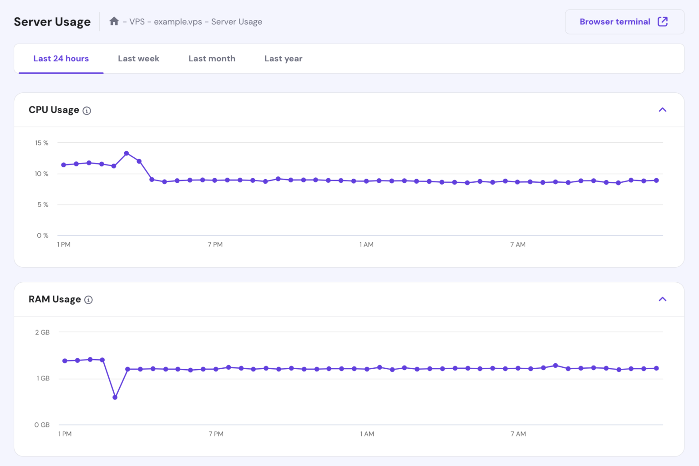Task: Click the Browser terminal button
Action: (624, 22)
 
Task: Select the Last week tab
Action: (138, 59)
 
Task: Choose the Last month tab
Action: (212, 59)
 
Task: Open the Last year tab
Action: (283, 59)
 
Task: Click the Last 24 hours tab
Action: (61, 59)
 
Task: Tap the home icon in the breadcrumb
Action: (114, 21)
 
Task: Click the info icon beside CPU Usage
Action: (87, 110)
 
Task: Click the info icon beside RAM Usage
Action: (89, 300)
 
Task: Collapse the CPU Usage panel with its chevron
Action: (662, 110)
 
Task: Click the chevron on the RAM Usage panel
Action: (662, 299)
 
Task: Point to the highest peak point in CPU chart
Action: (127, 153)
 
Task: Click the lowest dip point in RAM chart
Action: (115, 397)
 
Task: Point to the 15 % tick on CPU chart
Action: (42, 143)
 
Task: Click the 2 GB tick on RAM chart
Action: (42, 332)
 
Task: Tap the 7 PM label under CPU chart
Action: (215, 245)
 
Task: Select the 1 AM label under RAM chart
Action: (367, 434)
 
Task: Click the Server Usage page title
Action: (52, 22)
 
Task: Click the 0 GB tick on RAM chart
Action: (42, 425)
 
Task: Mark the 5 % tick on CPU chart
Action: (43, 205)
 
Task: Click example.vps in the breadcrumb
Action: (177, 22)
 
